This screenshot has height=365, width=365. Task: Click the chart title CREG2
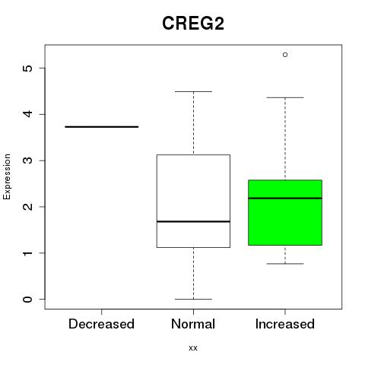[x=193, y=24]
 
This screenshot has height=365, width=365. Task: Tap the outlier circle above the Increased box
[x=285, y=55]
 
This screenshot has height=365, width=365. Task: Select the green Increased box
[x=285, y=212]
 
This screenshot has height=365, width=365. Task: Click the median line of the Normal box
[x=193, y=221]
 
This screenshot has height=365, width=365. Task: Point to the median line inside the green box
[x=285, y=198]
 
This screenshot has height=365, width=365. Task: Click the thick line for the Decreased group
[x=102, y=127]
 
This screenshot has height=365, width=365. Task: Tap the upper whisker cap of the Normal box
[x=193, y=91]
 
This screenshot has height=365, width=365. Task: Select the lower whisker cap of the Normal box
[x=193, y=299]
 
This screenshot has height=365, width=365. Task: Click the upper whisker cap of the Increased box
[x=285, y=97]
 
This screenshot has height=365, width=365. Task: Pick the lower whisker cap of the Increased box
[x=285, y=264]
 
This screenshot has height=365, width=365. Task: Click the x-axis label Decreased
[x=101, y=324]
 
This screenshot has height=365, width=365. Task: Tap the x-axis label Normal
[x=193, y=324]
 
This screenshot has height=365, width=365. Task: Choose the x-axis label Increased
[x=285, y=324]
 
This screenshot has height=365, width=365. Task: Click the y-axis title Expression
[x=7, y=176]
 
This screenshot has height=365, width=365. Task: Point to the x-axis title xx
[x=193, y=348]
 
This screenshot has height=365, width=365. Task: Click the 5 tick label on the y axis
[x=27, y=68]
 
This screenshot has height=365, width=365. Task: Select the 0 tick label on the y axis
[x=27, y=299]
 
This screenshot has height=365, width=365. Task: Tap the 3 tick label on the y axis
[x=27, y=160]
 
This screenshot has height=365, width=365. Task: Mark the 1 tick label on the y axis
[x=27, y=253]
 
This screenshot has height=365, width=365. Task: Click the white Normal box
[x=193, y=188]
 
